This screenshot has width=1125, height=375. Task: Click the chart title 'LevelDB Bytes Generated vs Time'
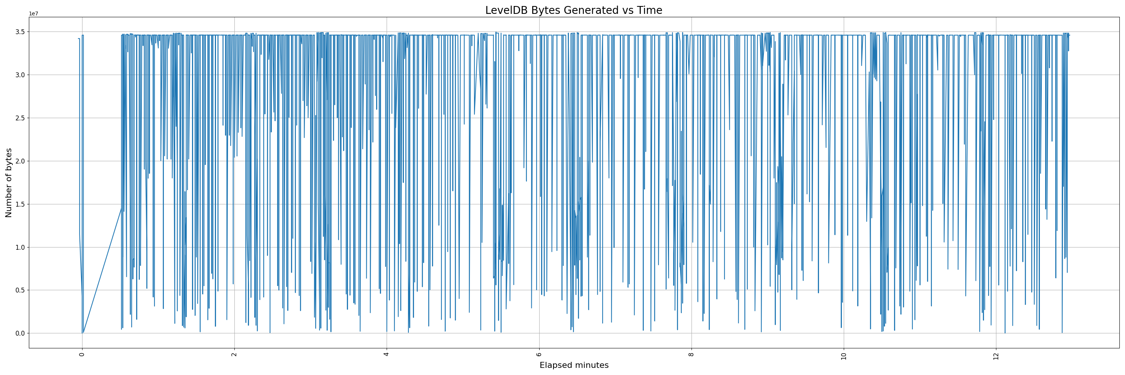pos(573,10)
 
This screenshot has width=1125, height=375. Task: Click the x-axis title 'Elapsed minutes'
pos(574,365)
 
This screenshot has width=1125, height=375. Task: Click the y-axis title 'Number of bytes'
pos(9,183)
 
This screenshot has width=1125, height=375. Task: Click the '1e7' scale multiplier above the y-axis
pos(34,13)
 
